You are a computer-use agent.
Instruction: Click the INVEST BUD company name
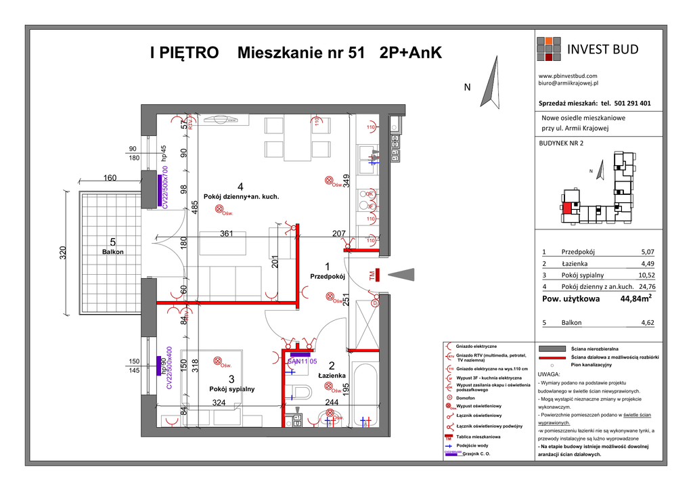(x=602, y=49)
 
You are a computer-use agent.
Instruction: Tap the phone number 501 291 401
(x=633, y=104)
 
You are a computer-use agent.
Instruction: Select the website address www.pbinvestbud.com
(x=567, y=76)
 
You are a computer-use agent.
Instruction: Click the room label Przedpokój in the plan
(x=328, y=276)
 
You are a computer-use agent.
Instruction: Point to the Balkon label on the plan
(x=113, y=251)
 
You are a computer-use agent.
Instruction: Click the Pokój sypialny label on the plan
(x=232, y=389)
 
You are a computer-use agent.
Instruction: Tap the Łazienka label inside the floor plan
(x=332, y=375)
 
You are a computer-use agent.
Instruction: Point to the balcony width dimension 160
(x=110, y=179)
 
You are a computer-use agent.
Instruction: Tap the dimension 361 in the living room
(x=227, y=234)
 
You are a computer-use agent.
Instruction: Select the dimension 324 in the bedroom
(x=219, y=402)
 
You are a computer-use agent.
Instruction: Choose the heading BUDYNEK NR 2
(x=560, y=143)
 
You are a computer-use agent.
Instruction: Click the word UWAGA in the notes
(x=549, y=374)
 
